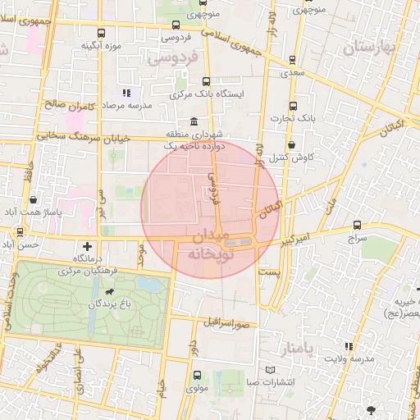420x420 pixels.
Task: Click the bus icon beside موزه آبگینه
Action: point(101,34)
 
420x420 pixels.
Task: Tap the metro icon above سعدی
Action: point(293,60)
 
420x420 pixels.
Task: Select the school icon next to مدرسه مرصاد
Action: point(126,94)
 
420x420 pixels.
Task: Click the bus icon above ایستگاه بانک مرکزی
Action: point(205,81)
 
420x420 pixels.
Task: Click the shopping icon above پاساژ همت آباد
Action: point(32,199)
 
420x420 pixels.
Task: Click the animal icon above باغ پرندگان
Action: point(109,290)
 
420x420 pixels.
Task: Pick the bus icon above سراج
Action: point(357,224)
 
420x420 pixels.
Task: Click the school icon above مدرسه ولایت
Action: point(348,346)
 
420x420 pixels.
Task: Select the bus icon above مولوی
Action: point(196,375)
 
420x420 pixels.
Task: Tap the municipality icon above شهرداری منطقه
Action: point(194,121)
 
